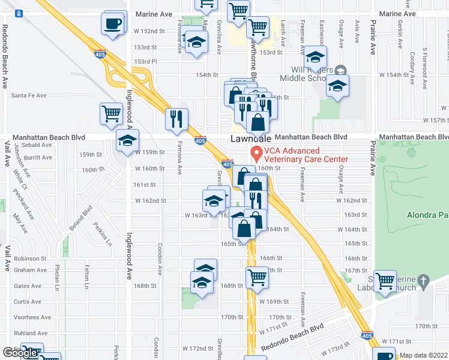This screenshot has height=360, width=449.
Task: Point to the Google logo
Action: tap(20, 352)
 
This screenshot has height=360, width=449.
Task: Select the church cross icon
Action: tap(423, 280)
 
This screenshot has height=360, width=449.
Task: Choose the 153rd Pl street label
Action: tap(145, 61)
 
